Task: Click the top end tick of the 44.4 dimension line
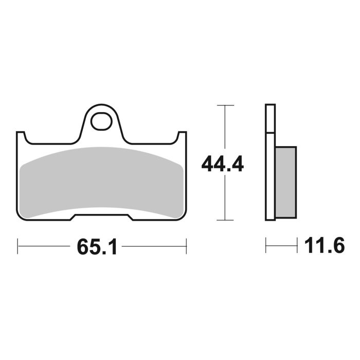[x=222, y=105]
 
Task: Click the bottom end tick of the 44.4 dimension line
[x=222, y=220]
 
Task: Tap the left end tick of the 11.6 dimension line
[x=266, y=246]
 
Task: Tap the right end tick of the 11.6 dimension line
[x=298, y=246]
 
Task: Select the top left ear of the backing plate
[x=22, y=136]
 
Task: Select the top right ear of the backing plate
[x=181, y=136]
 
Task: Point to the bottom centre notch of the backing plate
[x=101, y=217]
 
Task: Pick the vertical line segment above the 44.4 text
[x=222, y=129]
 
